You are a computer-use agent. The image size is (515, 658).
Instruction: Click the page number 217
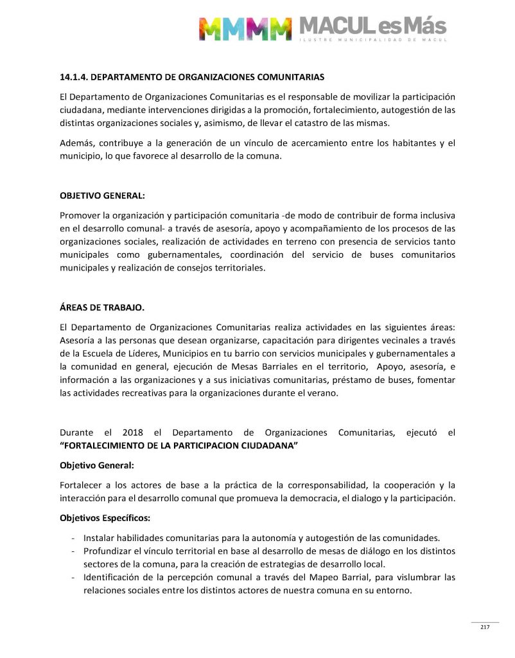pyautogui.click(x=485, y=628)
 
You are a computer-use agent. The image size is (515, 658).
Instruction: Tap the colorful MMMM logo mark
pyautogui.click(x=245, y=28)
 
